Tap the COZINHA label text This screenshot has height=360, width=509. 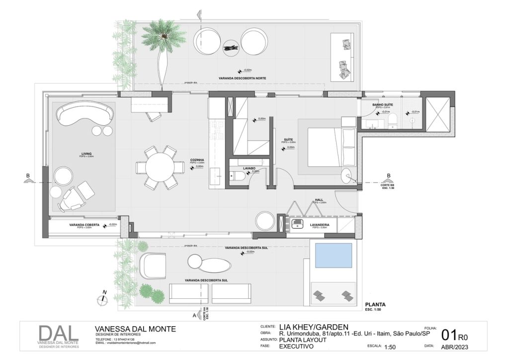pos(197,160)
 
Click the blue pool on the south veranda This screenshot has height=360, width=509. pos(334,256)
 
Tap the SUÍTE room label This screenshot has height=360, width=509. pos(288,140)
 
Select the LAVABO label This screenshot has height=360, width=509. pos(249,169)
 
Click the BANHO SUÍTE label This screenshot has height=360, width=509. pos(384,104)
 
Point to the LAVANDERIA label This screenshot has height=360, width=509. pos(320,225)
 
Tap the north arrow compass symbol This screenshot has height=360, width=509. pos(102,299)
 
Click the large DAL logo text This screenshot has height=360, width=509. pos(59,334)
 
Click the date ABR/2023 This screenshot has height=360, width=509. pos(455,347)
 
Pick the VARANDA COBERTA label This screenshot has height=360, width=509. pos(84,225)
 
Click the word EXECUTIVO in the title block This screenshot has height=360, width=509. pos(297,347)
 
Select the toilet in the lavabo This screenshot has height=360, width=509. pos(236,176)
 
